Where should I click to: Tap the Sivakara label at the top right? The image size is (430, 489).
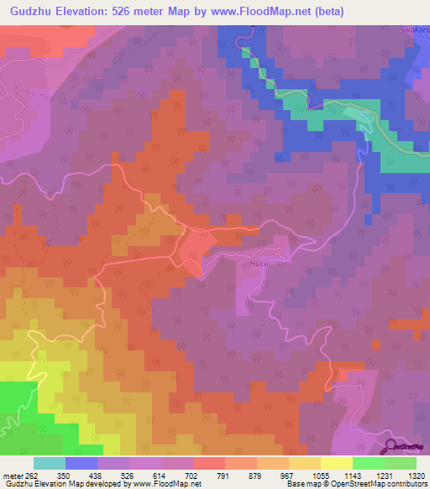pos(414,29)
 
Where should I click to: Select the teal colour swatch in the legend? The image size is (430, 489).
pos(50,462)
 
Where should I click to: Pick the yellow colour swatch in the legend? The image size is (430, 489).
pos(337,462)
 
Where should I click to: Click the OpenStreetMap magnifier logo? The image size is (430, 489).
pos(392,445)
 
